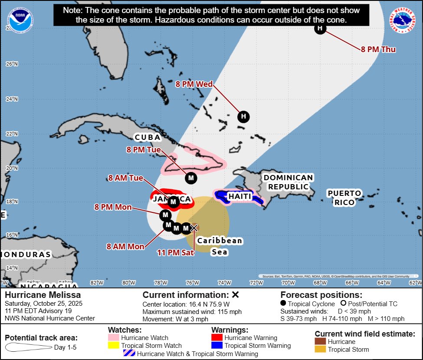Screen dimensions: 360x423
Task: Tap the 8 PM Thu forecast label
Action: click(x=378, y=49)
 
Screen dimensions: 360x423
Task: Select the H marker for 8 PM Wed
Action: click(x=243, y=116)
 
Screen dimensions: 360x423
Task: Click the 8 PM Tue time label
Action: click(x=143, y=149)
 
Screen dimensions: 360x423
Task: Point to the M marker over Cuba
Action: click(x=191, y=178)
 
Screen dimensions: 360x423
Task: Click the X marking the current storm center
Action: click(x=194, y=228)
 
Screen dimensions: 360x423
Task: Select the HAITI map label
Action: click(x=239, y=197)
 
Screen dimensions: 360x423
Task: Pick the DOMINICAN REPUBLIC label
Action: click(x=288, y=182)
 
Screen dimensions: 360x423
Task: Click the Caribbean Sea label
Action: click(x=220, y=246)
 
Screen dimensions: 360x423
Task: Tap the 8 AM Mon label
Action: click(x=125, y=246)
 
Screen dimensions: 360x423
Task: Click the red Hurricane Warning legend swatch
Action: click(x=217, y=337)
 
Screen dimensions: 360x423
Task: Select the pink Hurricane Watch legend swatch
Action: click(x=114, y=337)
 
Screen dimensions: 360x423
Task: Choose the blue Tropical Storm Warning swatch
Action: click(x=217, y=346)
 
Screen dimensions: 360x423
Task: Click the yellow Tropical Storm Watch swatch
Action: click(x=114, y=346)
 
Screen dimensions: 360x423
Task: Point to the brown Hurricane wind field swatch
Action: click(x=321, y=342)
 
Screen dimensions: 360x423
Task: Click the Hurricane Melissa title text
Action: click(x=43, y=295)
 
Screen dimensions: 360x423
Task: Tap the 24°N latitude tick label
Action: click(x=12, y=99)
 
